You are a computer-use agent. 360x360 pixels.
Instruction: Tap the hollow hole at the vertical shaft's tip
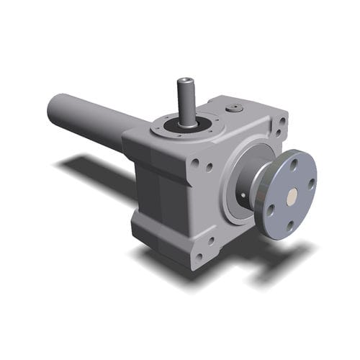[184, 81]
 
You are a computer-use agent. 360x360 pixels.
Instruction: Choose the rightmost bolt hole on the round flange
[311, 183]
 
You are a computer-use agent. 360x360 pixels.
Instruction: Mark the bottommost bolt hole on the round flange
[289, 224]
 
